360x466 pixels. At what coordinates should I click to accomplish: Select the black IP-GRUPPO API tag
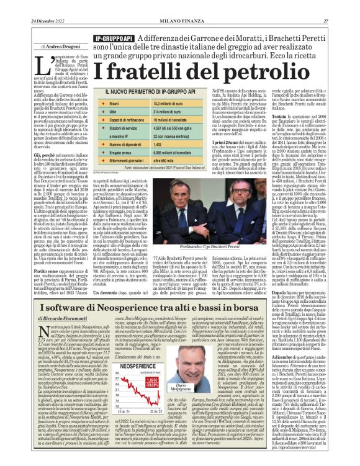(x=114, y=39)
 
